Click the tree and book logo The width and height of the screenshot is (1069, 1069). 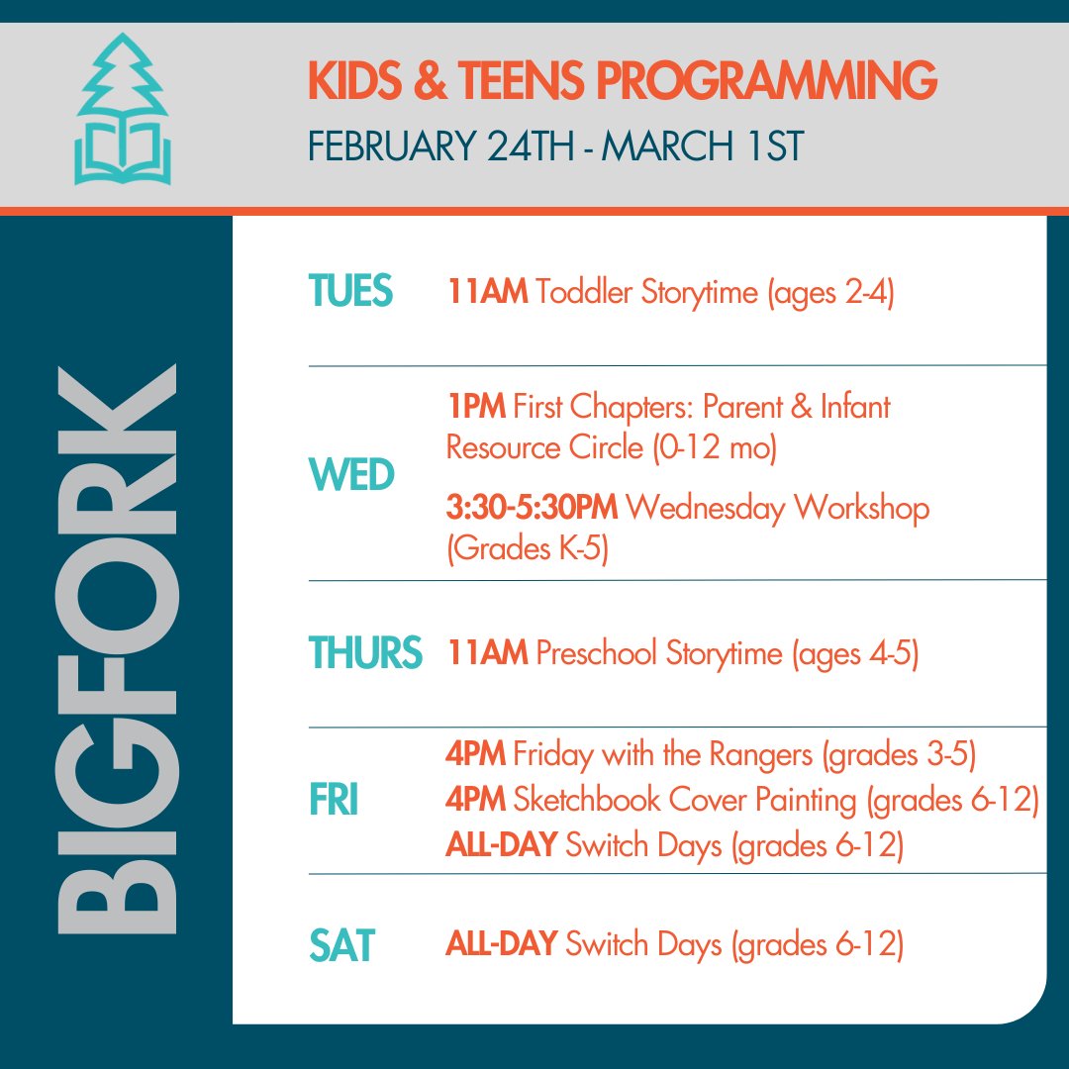[123, 111]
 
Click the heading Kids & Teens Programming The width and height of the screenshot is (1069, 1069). [622, 81]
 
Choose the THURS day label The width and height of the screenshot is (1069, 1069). [364, 654]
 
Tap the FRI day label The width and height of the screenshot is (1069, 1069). [334, 801]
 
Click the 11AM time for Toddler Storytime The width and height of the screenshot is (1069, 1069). [487, 294]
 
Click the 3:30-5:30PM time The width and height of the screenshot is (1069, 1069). [532, 508]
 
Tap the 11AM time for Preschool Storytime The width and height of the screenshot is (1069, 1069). [487, 654]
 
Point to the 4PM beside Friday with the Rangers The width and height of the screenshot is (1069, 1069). [476, 755]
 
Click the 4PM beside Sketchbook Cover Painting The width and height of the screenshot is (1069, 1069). [476, 800]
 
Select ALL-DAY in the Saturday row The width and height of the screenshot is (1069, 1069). [502, 944]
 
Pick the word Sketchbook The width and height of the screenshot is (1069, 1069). [594, 800]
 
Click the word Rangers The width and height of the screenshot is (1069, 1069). [761, 756]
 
